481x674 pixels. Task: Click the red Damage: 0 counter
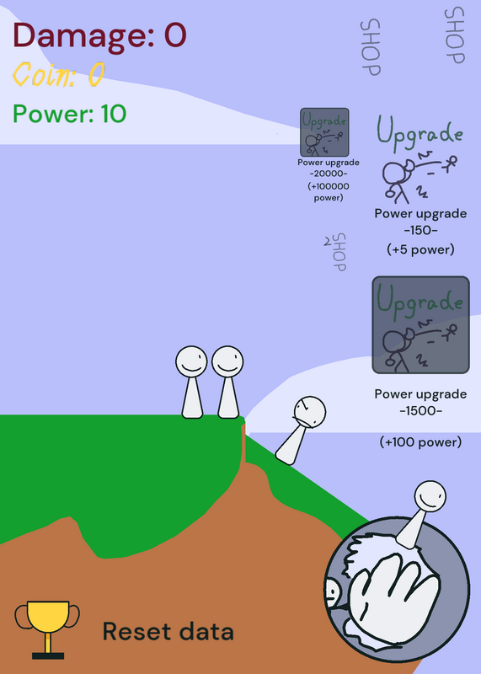[99, 35]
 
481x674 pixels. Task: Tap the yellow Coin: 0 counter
[59, 74]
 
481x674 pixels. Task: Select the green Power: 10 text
[70, 114]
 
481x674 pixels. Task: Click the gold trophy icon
[47, 629]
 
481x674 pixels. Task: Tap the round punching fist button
[396, 589]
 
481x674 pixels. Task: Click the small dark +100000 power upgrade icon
[324, 132]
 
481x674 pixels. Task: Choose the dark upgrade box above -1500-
[420, 325]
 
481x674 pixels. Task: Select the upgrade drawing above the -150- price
[420, 159]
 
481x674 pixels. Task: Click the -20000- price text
[329, 174]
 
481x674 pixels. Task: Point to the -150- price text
[421, 230]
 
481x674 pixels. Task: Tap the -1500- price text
[421, 411]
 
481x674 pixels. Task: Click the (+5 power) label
[421, 249]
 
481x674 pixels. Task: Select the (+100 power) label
[421, 441]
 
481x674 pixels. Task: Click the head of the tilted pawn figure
[310, 412]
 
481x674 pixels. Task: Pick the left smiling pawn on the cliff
[192, 382]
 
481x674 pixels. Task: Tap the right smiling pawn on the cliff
[227, 382]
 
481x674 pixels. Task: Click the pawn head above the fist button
[430, 496]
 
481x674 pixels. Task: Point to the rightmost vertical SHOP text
[455, 35]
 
